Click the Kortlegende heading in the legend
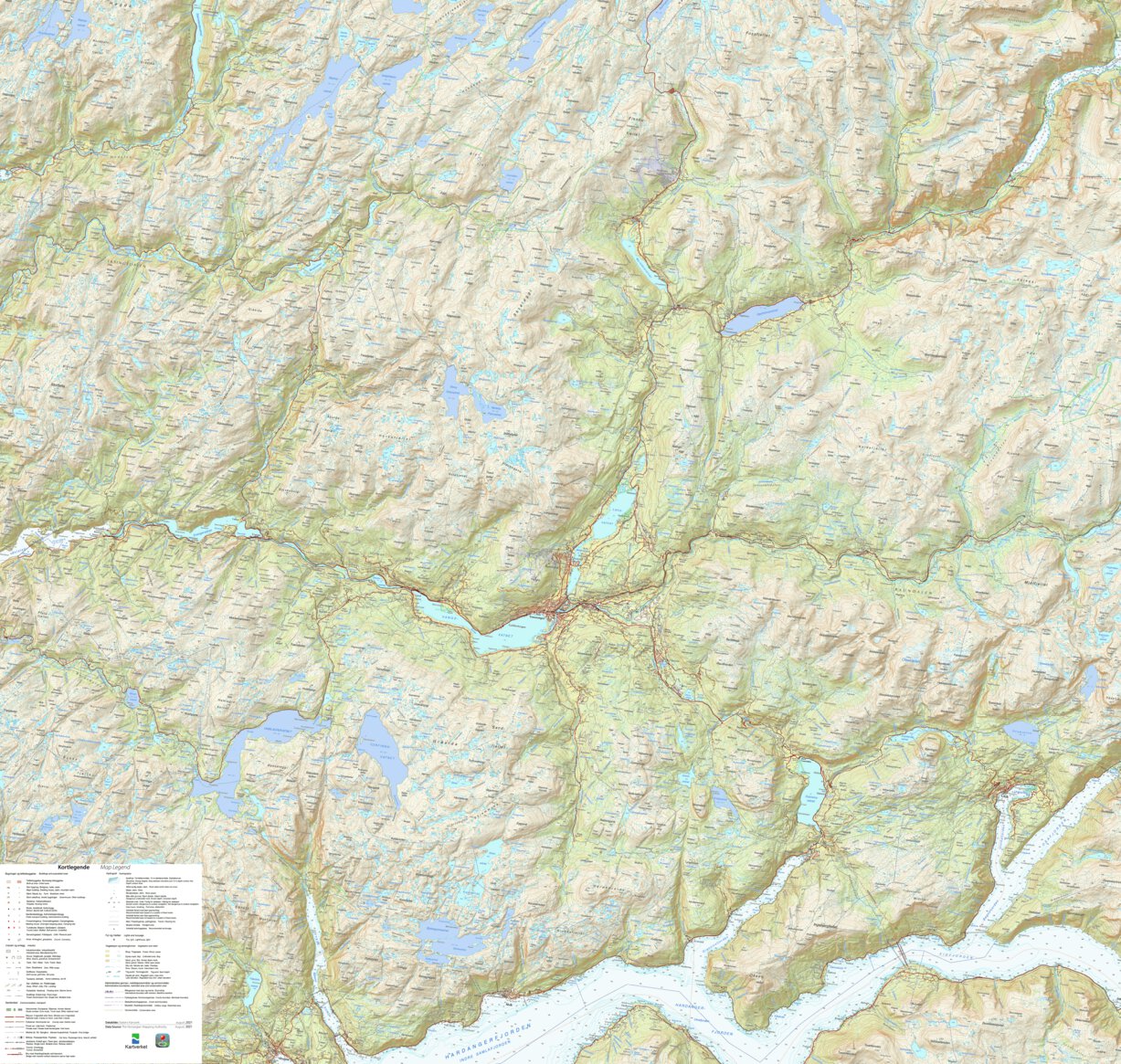point(73,867)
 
